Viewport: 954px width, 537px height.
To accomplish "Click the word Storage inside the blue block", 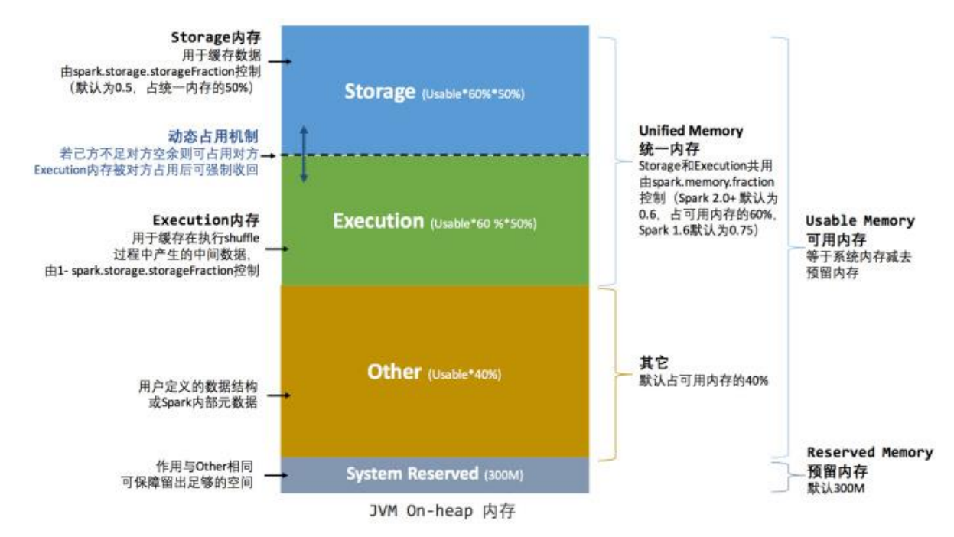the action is [379, 92].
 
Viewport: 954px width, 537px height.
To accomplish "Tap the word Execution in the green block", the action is [378, 222].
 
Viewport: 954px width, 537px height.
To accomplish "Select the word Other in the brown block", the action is [394, 373].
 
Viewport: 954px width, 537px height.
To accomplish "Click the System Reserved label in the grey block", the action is [412, 474].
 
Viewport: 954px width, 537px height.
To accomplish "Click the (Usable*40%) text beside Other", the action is [464, 375].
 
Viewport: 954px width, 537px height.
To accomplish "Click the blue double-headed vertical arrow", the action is [304, 154].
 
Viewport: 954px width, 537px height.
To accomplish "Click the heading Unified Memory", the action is [691, 131].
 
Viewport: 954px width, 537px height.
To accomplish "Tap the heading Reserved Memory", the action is [870, 453].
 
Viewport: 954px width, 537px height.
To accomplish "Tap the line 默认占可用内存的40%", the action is [703, 380].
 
